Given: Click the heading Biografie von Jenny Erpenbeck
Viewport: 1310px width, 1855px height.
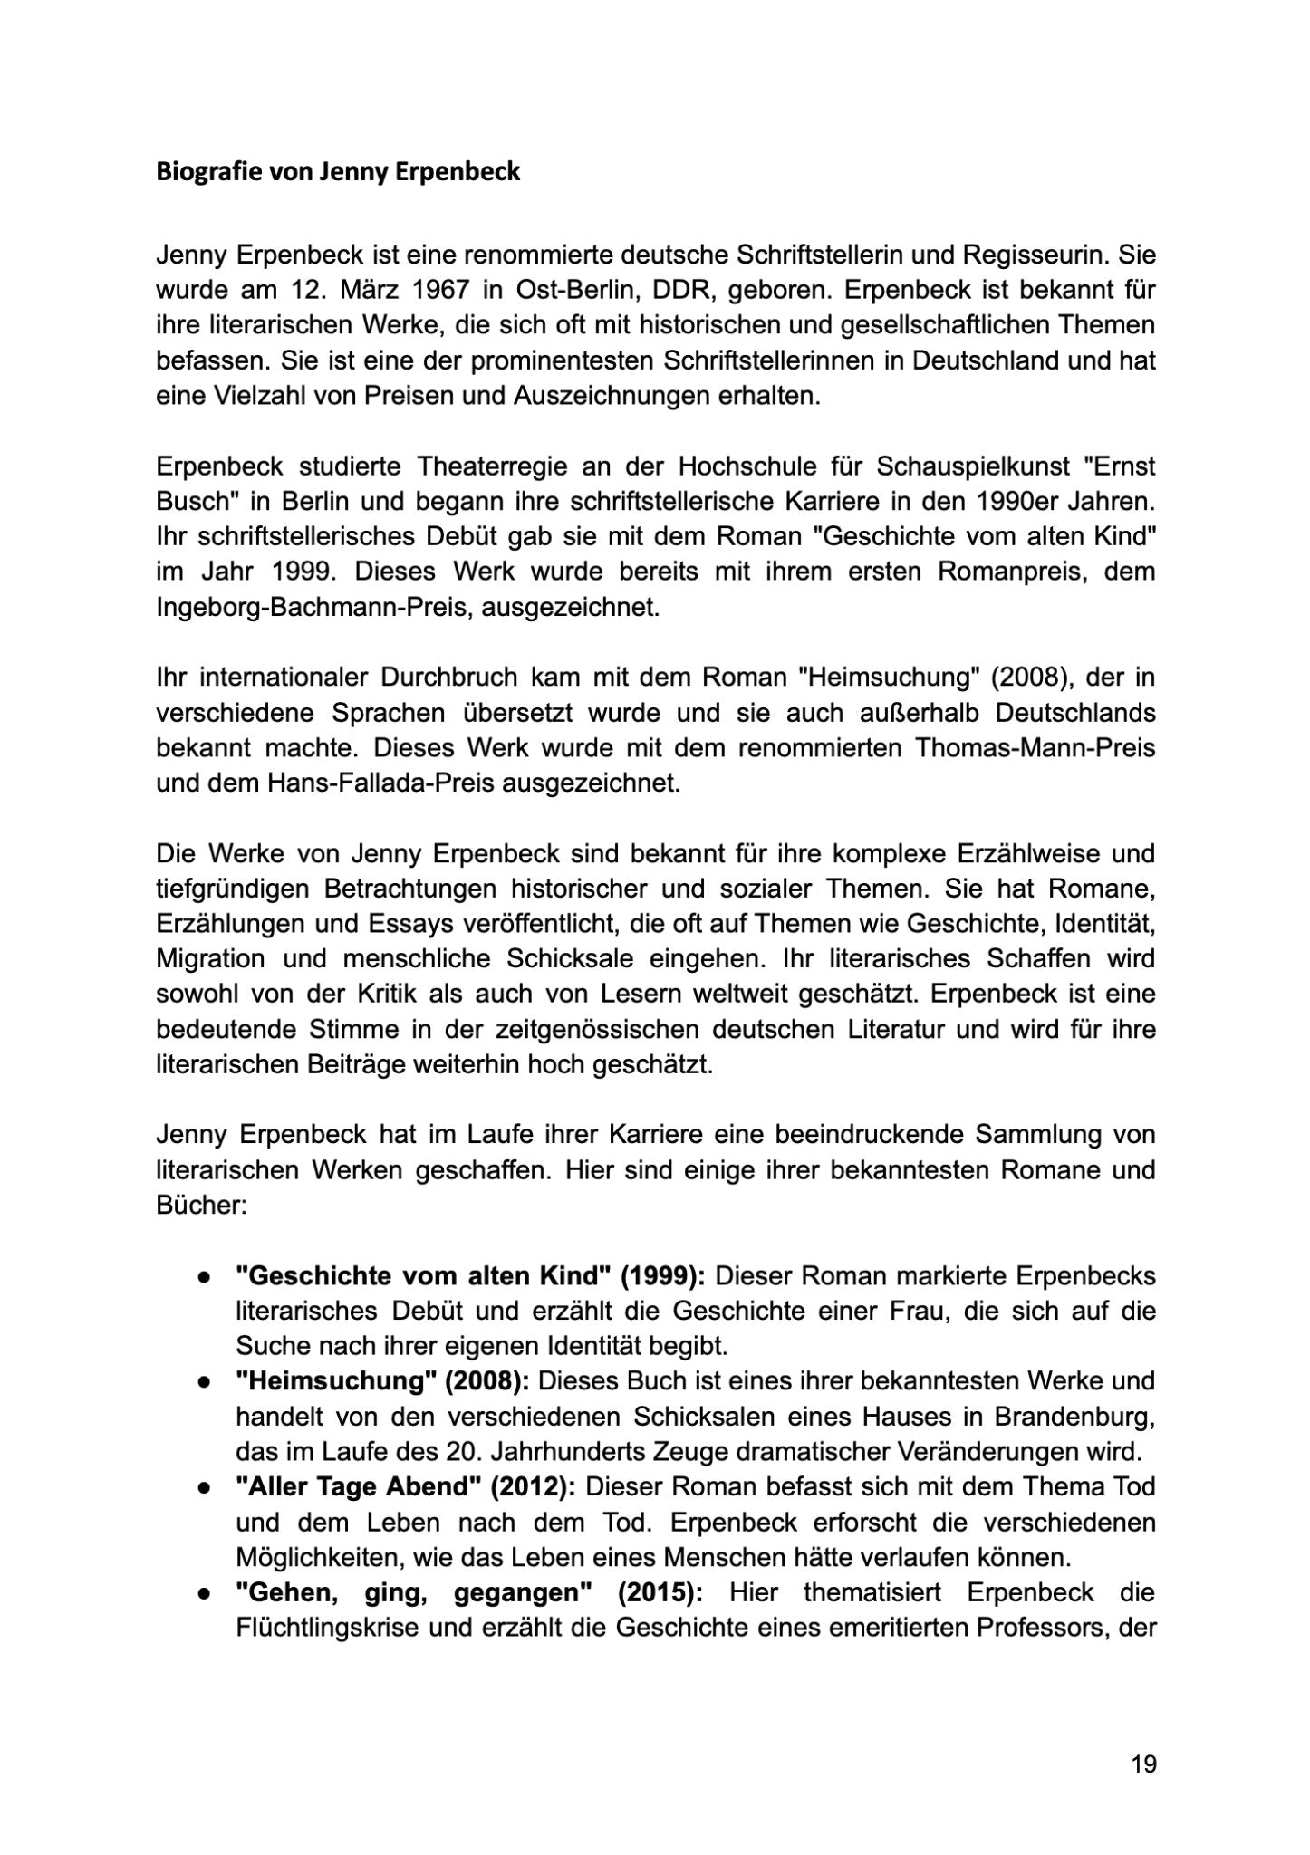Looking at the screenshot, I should (338, 172).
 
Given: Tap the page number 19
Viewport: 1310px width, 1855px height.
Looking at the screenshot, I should (1143, 1764).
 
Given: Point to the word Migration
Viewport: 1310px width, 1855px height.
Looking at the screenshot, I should (211, 958).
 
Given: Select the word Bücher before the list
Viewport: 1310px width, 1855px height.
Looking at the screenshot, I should (196, 1206).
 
